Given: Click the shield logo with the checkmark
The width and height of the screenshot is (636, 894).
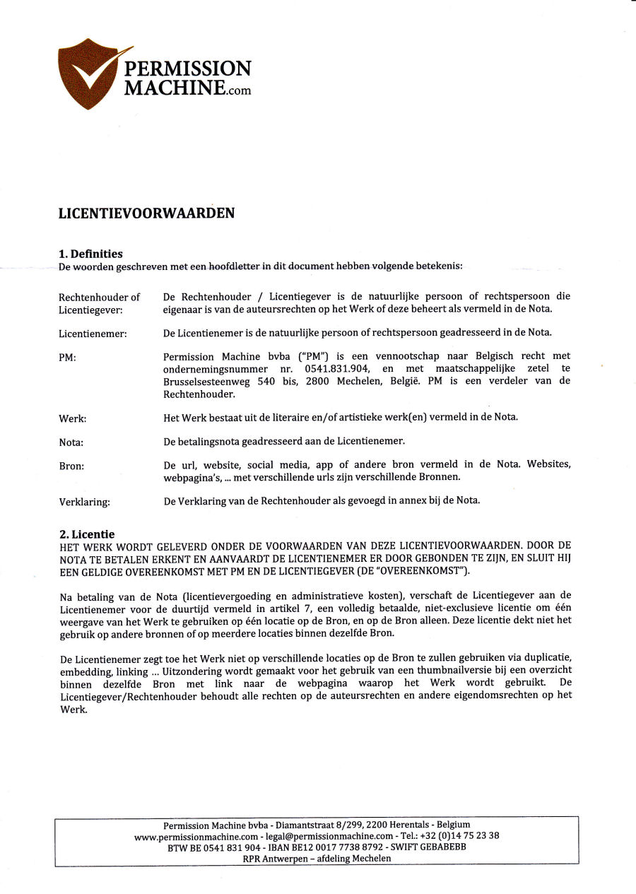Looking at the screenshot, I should click(88, 73).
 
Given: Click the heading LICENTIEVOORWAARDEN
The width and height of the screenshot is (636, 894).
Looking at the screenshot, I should click(146, 213).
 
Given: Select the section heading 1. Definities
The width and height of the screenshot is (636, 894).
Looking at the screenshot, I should click(90, 254).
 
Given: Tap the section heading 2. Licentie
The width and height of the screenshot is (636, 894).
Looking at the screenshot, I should click(86, 534).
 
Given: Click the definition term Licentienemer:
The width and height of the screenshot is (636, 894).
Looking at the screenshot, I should click(93, 334).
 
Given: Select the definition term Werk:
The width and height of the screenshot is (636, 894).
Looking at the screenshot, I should click(72, 418).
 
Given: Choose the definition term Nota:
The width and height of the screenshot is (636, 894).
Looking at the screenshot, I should click(71, 442).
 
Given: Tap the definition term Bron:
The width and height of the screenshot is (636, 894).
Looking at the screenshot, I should click(71, 466).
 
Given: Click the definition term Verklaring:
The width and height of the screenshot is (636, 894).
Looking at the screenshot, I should click(85, 502).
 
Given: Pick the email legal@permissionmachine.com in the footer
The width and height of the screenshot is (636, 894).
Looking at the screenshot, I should click(329, 835).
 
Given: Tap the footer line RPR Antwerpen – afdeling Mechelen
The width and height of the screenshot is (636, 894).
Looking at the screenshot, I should click(317, 858).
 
